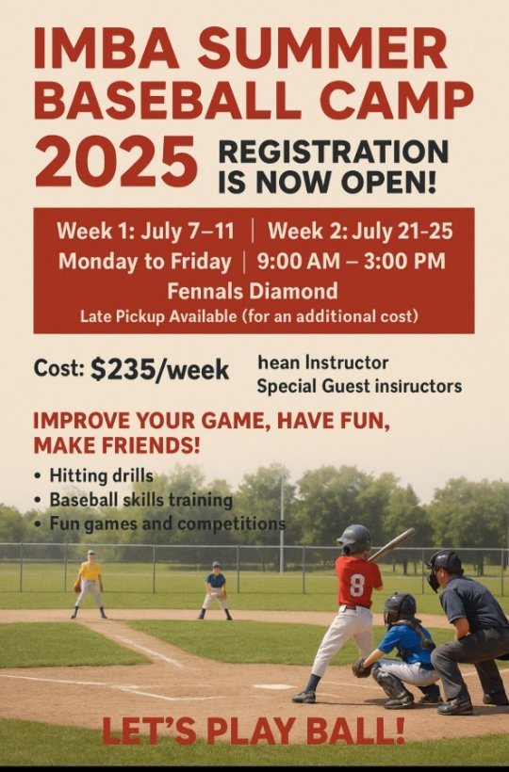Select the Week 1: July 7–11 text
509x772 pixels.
pyautogui.click(x=145, y=231)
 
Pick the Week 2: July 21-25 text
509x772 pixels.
pyautogui.click(x=360, y=231)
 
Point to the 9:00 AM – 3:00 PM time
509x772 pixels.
pyautogui.click(x=351, y=261)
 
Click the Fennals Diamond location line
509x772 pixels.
pyautogui.click(x=253, y=291)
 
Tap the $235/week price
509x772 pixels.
pyautogui.click(x=159, y=370)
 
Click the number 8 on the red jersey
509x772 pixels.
pyautogui.click(x=356, y=586)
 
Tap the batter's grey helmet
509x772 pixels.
pyautogui.click(x=353, y=539)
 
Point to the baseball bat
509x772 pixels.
pyautogui.click(x=391, y=544)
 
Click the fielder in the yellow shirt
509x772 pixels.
pyautogui.click(x=89, y=584)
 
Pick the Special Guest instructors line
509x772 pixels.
pyautogui.click(x=359, y=387)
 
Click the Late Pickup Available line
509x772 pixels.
pyautogui.click(x=250, y=316)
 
